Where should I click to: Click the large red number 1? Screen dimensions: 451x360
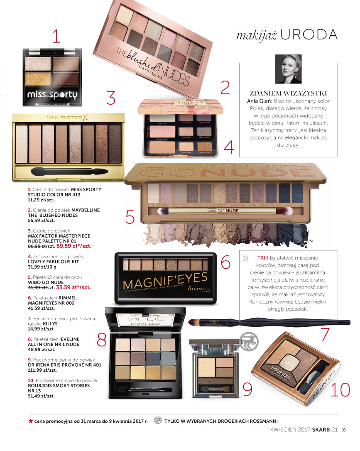(x=56, y=36)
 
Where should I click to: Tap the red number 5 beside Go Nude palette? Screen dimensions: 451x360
(x=130, y=217)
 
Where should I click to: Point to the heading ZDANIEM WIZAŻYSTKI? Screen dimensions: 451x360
(x=288, y=93)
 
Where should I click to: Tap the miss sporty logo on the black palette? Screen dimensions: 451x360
(x=52, y=95)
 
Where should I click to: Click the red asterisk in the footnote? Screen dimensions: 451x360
(x=30, y=421)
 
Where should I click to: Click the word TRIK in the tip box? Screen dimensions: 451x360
(x=262, y=258)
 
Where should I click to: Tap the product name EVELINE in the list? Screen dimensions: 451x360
(x=71, y=339)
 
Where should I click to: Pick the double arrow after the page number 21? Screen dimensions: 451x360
(x=343, y=430)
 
